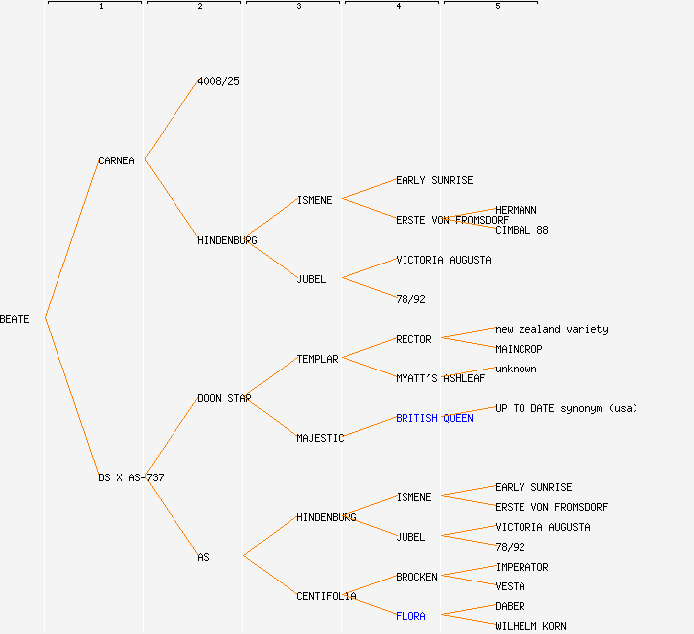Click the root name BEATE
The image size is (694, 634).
pyautogui.click(x=15, y=319)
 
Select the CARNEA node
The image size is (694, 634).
pyautogui.click(x=116, y=160)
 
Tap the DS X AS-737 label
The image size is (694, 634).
pyautogui.click(x=131, y=477)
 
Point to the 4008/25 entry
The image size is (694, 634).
pyautogui.click(x=218, y=81)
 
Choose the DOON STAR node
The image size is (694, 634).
pyautogui.click(x=223, y=398)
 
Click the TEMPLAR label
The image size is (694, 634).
pyautogui.click(x=317, y=359)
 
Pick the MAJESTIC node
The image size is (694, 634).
pyautogui.click(x=320, y=438)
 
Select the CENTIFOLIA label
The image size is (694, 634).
pyautogui.click(x=326, y=596)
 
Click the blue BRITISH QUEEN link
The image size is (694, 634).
pyautogui.click(x=434, y=418)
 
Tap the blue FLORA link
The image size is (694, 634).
pyautogui.click(x=410, y=616)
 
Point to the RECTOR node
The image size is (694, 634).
pyautogui.click(x=413, y=339)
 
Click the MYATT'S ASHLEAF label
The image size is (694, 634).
pyautogui.click(x=440, y=378)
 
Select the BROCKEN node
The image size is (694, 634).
pyautogui.click(x=416, y=577)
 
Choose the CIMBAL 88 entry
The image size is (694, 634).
pyautogui.click(x=521, y=230)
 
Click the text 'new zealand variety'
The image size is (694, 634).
pyautogui.click(x=551, y=329)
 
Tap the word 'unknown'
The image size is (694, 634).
pyautogui.click(x=516, y=369)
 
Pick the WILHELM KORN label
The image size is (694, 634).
pyautogui.click(x=530, y=626)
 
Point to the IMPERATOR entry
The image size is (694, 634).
pyautogui.click(x=521, y=567)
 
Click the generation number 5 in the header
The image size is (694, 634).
pyautogui.click(x=497, y=7)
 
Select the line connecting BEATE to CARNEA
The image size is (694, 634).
pyautogui.click(x=71, y=240)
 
